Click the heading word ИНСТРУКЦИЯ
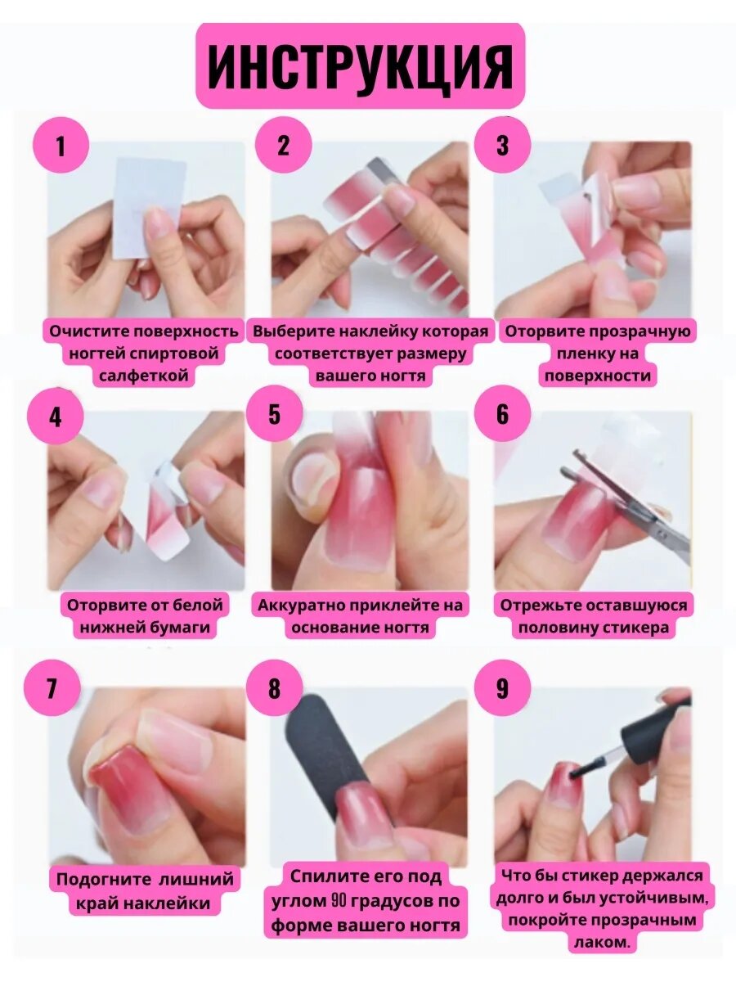pyautogui.click(x=360, y=68)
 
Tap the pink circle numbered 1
pyautogui.click(x=61, y=145)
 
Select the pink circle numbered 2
pyautogui.click(x=283, y=145)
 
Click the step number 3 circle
pyautogui.click(x=502, y=145)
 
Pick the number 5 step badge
pyautogui.click(x=275, y=413)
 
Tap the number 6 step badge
pyautogui.click(x=502, y=413)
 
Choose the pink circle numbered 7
pyautogui.click(x=52, y=687)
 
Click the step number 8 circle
pyautogui.click(x=275, y=687)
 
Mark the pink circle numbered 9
pyautogui.click(x=502, y=687)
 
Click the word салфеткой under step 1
pyautogui.click(x=143, y=376)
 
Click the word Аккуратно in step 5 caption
pyautogui.click(x=303, y=606)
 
